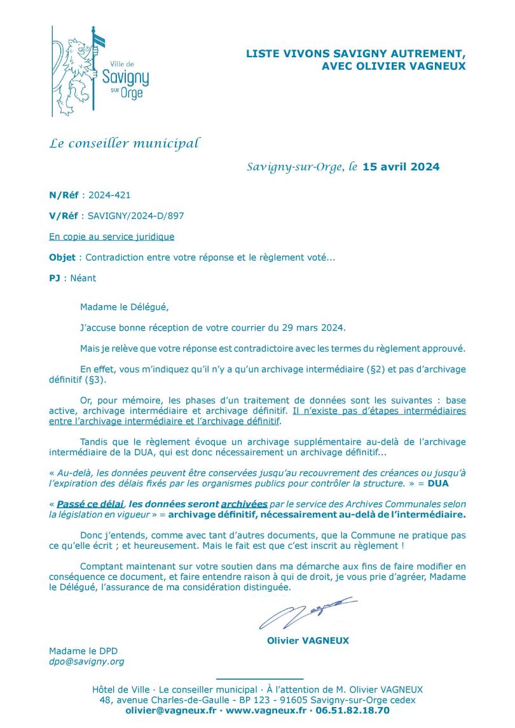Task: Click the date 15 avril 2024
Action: point(401,167)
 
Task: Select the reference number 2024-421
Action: point(109,195)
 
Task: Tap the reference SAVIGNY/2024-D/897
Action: point(137,216)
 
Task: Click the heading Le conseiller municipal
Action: point(125,144)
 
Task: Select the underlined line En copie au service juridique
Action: point(111,237)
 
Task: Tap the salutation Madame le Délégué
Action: point(123,306)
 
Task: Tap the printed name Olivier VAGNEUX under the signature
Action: point(308,640)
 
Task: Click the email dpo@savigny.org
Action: point(86,661)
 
